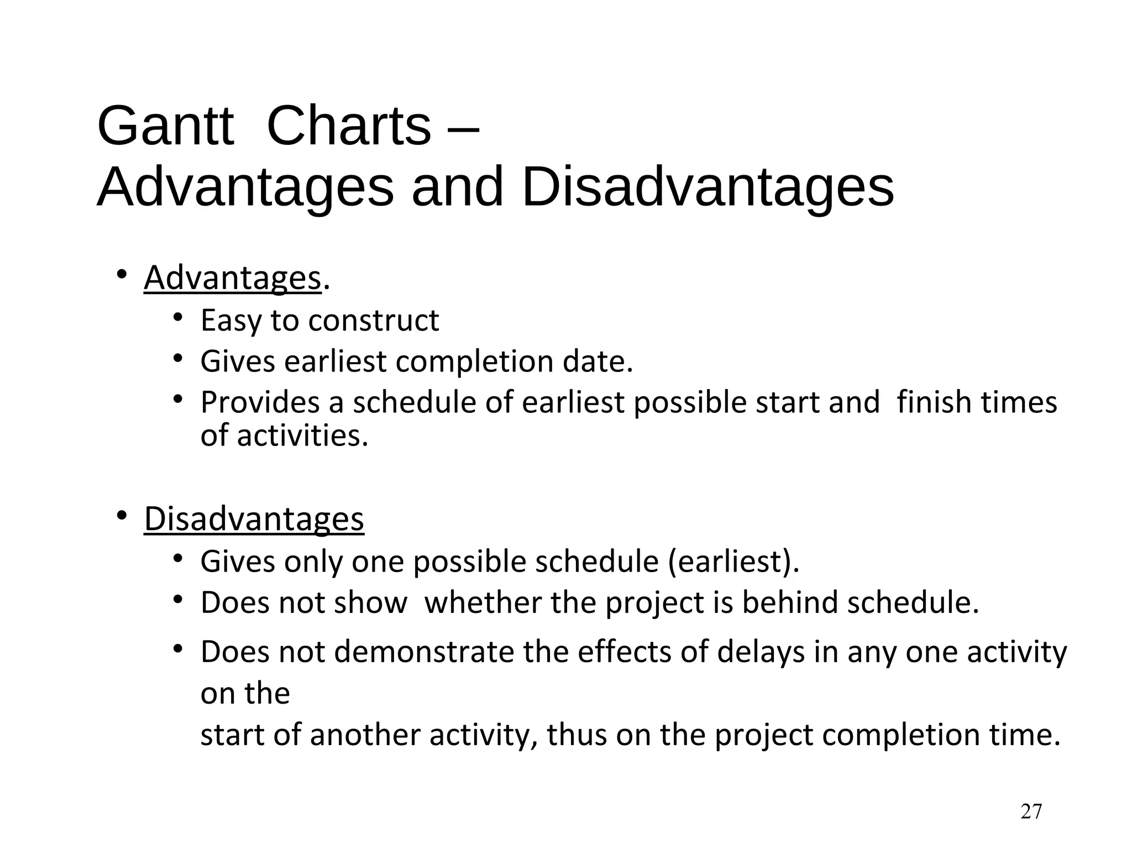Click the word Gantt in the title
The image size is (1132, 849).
[x=165, y=127]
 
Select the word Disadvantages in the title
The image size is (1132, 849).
[x=707, y=188]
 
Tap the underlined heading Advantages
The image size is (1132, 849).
[x=232, y=278]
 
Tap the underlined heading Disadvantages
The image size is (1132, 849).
[x=254, y=519]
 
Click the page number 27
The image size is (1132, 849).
[x=1031, y=812]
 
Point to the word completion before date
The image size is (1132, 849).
[x=475, y=362]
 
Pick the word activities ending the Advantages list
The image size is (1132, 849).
[x=302, y=436]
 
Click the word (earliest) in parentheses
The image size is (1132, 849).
[x=733, y=562]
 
